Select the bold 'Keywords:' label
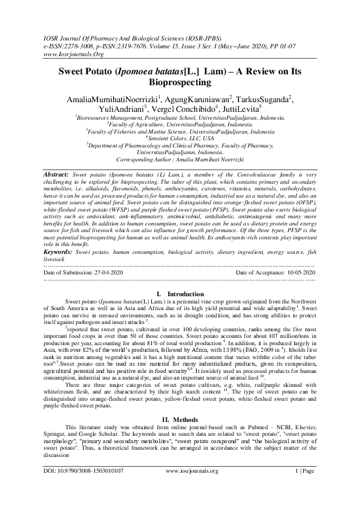59,250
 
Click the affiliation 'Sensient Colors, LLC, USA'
180,137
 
